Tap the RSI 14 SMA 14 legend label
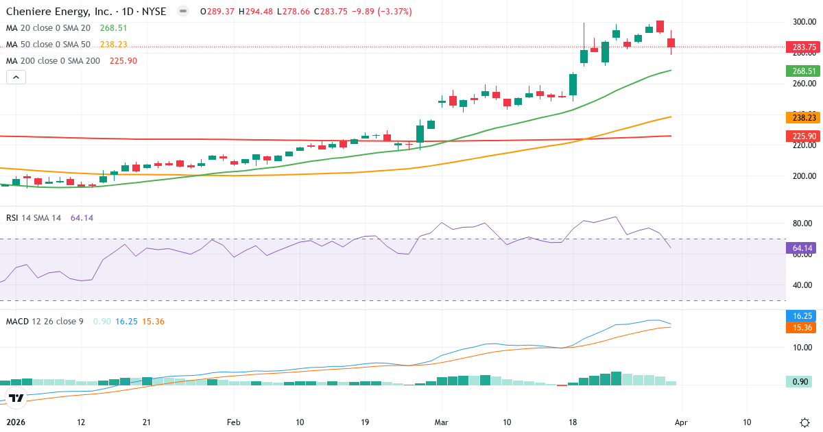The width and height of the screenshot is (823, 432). (x=34, y=217)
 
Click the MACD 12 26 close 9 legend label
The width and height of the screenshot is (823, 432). (x=45, y=321)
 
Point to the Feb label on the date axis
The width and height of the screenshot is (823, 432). (x=235, y=422)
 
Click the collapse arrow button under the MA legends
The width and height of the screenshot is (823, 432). (x=16, y=77)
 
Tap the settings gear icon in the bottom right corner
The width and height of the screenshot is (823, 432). (x=807, y=422)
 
